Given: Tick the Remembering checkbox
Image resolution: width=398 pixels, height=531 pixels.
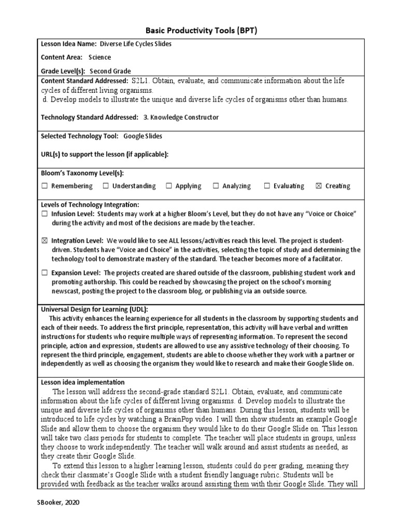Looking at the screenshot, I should coord(45,186).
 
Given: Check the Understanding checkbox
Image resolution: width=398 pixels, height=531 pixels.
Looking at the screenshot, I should coord(106,186).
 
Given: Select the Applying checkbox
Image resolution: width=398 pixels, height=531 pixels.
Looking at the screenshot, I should coord(169,186).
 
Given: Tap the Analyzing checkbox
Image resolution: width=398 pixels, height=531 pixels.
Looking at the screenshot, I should coord(216,186).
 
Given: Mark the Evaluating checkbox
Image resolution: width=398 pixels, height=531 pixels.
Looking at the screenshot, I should coord(267,186).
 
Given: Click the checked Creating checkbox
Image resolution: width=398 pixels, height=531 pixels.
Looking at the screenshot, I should coord(318,186).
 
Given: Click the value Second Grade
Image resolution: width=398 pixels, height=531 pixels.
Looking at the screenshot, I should coord(110,71).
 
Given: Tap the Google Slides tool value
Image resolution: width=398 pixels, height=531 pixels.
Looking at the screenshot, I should coord(143,136).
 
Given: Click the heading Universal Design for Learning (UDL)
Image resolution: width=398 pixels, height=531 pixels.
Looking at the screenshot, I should coord(94,309).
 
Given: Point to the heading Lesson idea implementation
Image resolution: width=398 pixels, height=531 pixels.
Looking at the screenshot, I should coord(83,382).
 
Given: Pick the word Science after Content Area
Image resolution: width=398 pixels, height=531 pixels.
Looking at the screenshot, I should coord(99,58).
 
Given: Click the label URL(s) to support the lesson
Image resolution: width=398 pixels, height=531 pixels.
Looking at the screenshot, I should coord(105,155).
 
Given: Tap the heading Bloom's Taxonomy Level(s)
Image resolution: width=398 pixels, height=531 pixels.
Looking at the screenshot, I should coord(82,173).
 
